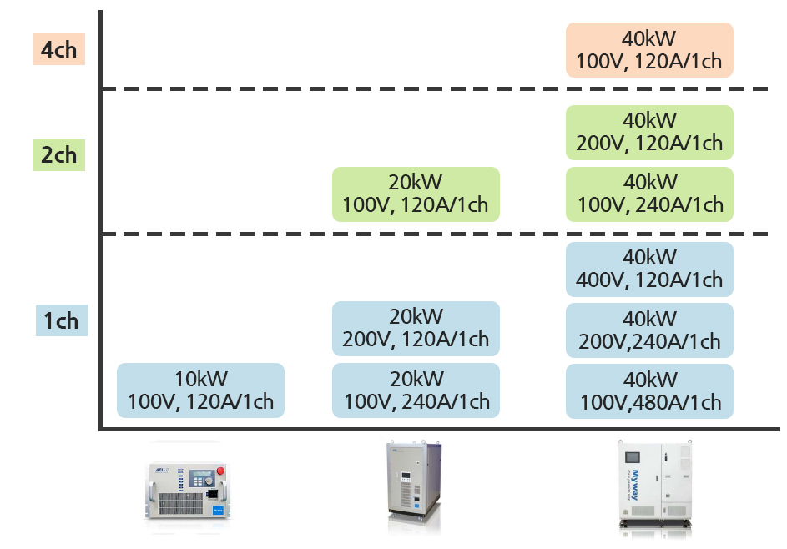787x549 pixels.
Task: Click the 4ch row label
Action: (58, 50)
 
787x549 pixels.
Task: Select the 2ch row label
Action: (58, 155)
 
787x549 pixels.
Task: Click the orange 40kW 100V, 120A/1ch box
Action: (649, 50)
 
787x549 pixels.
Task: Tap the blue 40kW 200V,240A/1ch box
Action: (649, 330)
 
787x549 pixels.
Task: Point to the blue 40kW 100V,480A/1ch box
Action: (649, 391)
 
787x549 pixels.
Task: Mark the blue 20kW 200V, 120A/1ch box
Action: (416, 329)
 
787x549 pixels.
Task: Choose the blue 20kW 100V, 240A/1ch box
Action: (416, 390)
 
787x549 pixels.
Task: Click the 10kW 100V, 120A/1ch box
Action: (200, 390)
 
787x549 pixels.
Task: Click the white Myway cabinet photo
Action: (656, 485)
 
